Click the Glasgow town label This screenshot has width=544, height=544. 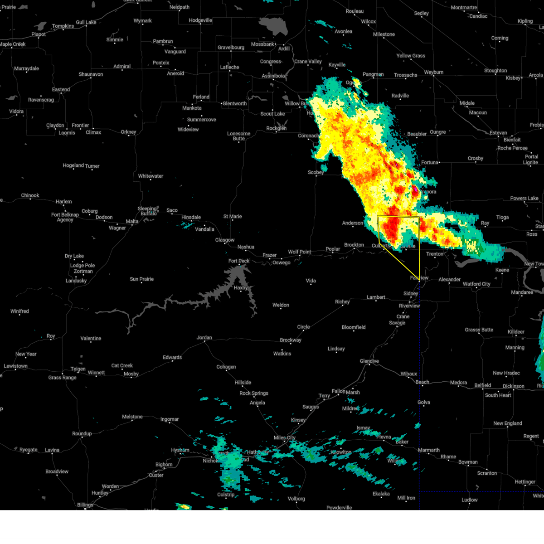[x=225, y=240]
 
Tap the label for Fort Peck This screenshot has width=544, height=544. [x=239, y=261]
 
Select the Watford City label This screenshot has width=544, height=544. [x=476, y=284]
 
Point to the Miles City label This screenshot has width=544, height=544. [x=284, y=437]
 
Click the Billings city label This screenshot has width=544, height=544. [x=85, y=505]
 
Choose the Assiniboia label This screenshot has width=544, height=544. [x=273, y=76]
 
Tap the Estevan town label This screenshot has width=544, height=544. [x=498, y=133]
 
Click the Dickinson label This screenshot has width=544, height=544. [x=513, y=386]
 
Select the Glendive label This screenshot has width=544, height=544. [x=369, y=361]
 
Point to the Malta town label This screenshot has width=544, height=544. [x=132, y=221]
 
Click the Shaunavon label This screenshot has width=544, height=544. [x=91, y=74]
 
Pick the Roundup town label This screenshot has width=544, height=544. [x=82, y=433]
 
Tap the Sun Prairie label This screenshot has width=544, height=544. [x=141, y=279]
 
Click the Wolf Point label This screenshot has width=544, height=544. [x=299, y=252]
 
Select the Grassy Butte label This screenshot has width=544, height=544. [x=479, y=330]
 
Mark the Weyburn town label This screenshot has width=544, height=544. [x=433, y=72]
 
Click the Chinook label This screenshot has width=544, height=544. [x=30, y=195]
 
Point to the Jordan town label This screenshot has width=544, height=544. [x=204, y=337]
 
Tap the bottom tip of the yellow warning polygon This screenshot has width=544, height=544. [x=420, y=282]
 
